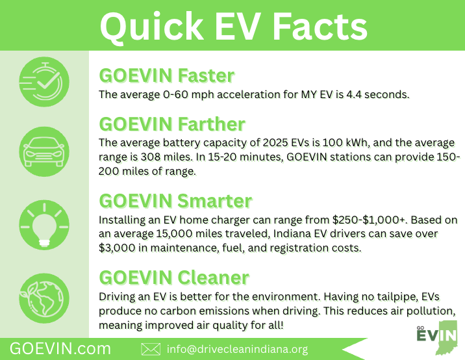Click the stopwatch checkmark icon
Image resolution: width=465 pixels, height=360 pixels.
click(x=44, y=82)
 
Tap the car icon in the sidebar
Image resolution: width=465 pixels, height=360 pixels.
click(x=44, y=151)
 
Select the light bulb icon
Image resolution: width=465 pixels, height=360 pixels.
click(x=44, y=225)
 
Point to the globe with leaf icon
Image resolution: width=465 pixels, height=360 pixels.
click(x=44, y=298)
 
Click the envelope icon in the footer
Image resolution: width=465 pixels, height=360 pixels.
click(x=151, y=349)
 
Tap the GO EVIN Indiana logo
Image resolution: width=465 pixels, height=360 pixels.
click(x=437, y=337)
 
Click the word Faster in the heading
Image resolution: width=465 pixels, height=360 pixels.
click(x=206, y=75)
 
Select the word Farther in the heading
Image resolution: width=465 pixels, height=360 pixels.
click(x=212, y=123)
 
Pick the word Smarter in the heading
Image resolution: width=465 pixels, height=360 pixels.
click(x=215, y=201)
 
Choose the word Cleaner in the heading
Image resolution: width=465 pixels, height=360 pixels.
click(x=213, y=277)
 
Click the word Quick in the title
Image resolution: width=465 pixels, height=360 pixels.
click(x=151, y=26)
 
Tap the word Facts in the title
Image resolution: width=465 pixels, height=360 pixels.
click(x=320, y=26)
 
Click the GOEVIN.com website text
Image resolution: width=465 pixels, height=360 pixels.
click(x=60, y=349)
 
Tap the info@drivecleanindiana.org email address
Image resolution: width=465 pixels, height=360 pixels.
click(x=237, y=349)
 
